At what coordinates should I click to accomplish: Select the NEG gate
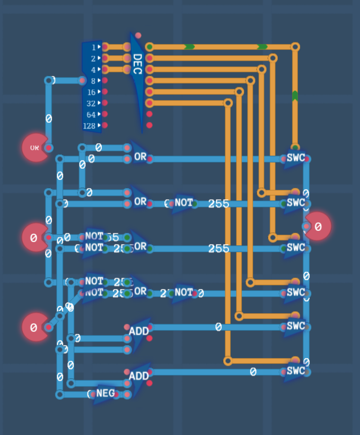pyautogui.click(x=105, y=394)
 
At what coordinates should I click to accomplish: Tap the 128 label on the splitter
pyautogui.click(x=89, y=126)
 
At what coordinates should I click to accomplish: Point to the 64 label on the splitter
pyautogui.click(x=91, y=115)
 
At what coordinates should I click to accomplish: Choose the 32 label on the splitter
pyautogui.click(x=91, y=104)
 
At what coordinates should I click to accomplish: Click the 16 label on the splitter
pyautogui.click(x=91, y=92)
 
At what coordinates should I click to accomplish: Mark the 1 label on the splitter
pyautogui.click(x=94, y=47)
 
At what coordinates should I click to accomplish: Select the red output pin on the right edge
pyautogui.click(x=318, y=226)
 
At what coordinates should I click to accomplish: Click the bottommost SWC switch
pyautogui.click(x=295, y=371)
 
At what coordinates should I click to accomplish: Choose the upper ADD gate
pyautogui.click(x=139, y=331)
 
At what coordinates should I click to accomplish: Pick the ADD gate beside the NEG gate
pyautogui.click(x=139, y=376)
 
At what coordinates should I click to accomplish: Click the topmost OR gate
pyautogui.click(x=140, y=157)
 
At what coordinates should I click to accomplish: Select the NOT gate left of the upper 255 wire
pyautogui.click(x=183, y=203)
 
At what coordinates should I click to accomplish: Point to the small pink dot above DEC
pyautogui.click(x=138, y=36)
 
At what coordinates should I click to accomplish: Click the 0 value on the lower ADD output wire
pyautogui.click(x=253, y=372)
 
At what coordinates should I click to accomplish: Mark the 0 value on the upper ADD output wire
pyautogui.click(x=218, y=327)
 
